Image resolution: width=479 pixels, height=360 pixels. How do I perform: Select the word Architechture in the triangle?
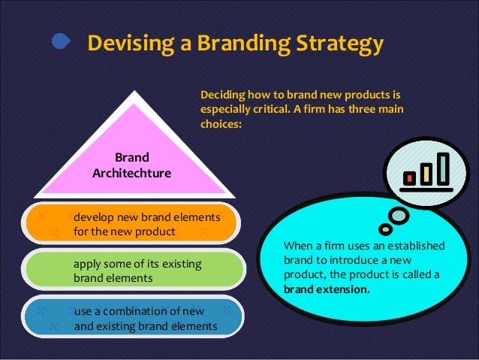click(x=131, y=174)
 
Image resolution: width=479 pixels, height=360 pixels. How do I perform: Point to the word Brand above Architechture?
click(x=132, y=158)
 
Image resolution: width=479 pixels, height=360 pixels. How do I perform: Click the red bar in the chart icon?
click(x=410, y=177)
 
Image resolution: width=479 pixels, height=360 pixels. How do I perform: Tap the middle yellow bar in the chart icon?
click(x=426, y=173)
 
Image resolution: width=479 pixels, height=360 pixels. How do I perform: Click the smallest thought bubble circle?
click(x=384, y=228)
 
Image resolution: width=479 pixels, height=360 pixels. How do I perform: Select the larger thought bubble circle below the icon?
click(x=398, y=216)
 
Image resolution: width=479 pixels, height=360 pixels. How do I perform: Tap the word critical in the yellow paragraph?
click(x=276, y=110)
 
